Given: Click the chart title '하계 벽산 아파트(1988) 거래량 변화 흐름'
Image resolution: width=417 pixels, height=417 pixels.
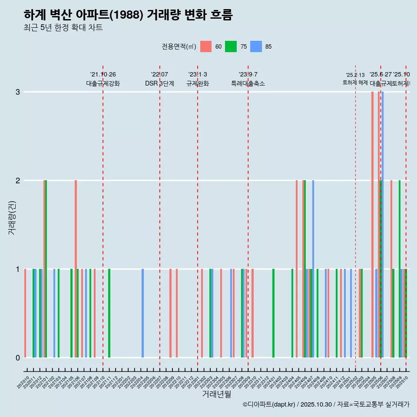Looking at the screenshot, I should [x=128, y=15].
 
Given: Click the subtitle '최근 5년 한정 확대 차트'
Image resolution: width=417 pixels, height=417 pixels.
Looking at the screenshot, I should [x=63, y=28].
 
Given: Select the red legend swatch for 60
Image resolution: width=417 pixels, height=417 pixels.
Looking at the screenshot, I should [x=206, y=46].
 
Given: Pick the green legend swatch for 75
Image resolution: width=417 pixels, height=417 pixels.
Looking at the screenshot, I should [x=231, y=46].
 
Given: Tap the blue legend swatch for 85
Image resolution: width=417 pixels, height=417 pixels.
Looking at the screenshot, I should [x=256, y=46].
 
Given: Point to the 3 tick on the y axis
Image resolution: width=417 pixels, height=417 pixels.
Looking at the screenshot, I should [x=18, y=92].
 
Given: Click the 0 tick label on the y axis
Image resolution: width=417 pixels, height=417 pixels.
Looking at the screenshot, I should [x=18, y=358].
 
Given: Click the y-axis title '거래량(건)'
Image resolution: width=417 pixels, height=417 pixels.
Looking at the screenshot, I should [x=12, y=218].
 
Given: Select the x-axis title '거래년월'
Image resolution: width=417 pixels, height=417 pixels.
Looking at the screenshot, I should [x=216, y=394].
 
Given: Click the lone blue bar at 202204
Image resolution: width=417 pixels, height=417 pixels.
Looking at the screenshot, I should [x=142, y=313].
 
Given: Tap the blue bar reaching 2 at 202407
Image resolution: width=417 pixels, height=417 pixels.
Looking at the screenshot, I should [x=313, y=269].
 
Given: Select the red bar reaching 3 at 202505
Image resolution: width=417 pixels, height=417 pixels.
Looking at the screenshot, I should [x=372, y=225].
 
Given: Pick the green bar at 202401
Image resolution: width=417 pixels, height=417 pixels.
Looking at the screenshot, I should [x=273, y=313].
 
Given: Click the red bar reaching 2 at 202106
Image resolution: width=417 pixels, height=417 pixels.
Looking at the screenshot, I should [x=76, y=269].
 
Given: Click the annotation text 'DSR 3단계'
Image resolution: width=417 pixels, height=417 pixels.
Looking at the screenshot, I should [x=160, y=83].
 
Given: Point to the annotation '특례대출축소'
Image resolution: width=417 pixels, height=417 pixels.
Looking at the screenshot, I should [x=248, y=83].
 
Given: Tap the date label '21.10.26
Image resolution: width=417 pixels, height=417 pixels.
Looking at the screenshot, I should [x=103, y=75].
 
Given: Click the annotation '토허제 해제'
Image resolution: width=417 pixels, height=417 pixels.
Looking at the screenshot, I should [x=355, y=83].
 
